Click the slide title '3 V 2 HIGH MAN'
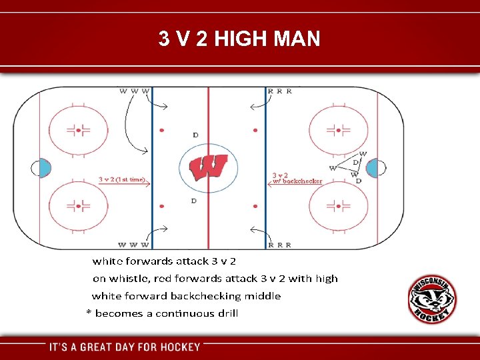(x=239, y=39)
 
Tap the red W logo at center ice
(x=209, y=167)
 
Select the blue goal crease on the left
(x=43, y=168)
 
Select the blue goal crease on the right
(x=372, y=168)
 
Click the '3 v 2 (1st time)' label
(x=122, y=179)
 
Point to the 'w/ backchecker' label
(x=297, y=181)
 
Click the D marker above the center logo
(x=195, y=135)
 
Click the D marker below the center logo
(x=194, y=201)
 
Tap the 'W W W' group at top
(x=135, y=91)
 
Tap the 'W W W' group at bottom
(x=133, y=245)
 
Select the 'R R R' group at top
(x=279, y=91)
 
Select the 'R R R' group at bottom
(x=279, y=245)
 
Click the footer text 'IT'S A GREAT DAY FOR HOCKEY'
(x=125, y=347)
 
